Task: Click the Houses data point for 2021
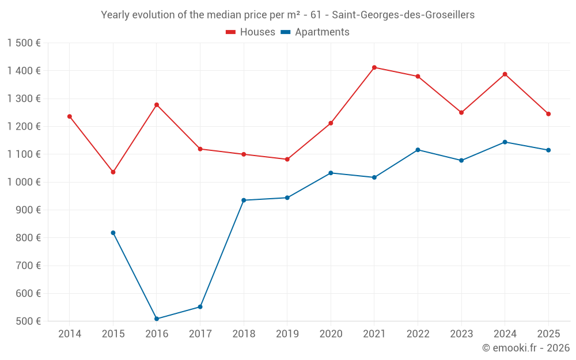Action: point(374,67)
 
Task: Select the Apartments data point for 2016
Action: point(157,319)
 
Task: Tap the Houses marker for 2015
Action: point(113,172)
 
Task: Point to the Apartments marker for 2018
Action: point(244,200)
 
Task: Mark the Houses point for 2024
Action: point(505,74)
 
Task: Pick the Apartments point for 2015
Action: point(113,233)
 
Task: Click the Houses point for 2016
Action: point(157,105)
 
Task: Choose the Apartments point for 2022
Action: point(418,150)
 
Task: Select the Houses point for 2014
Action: point(70,116)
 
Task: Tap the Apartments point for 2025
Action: point(548,150)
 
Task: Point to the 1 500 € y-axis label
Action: point(24,43)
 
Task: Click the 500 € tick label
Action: point(28,321)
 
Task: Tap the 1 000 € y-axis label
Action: point(24,182)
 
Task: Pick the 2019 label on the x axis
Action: point(287,334)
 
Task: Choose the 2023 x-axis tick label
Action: point(461,334)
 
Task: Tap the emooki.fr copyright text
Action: point(525,348)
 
